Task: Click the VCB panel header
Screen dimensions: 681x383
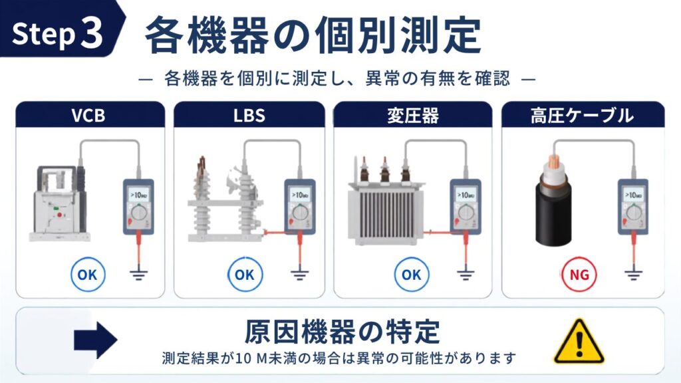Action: point(90,114)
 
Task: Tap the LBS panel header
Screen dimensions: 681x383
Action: point(249,114)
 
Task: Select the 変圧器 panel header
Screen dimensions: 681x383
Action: point(412,114)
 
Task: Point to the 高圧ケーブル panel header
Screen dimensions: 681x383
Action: point(583,114)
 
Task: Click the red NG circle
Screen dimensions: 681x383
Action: point(579,275)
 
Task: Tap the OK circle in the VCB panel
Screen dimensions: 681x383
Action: point(88,275)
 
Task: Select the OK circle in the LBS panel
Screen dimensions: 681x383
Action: point(245,275)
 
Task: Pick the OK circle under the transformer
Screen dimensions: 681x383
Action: point(411,275)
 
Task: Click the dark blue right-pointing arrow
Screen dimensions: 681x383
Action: point(96,340)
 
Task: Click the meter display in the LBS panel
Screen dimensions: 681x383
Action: point(300,195)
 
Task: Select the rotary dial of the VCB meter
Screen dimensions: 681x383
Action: point(139,213)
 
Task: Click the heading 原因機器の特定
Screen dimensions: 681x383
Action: point(342,332)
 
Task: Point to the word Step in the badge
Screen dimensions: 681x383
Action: point(43,34)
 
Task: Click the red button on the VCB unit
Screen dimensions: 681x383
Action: point(59,215)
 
